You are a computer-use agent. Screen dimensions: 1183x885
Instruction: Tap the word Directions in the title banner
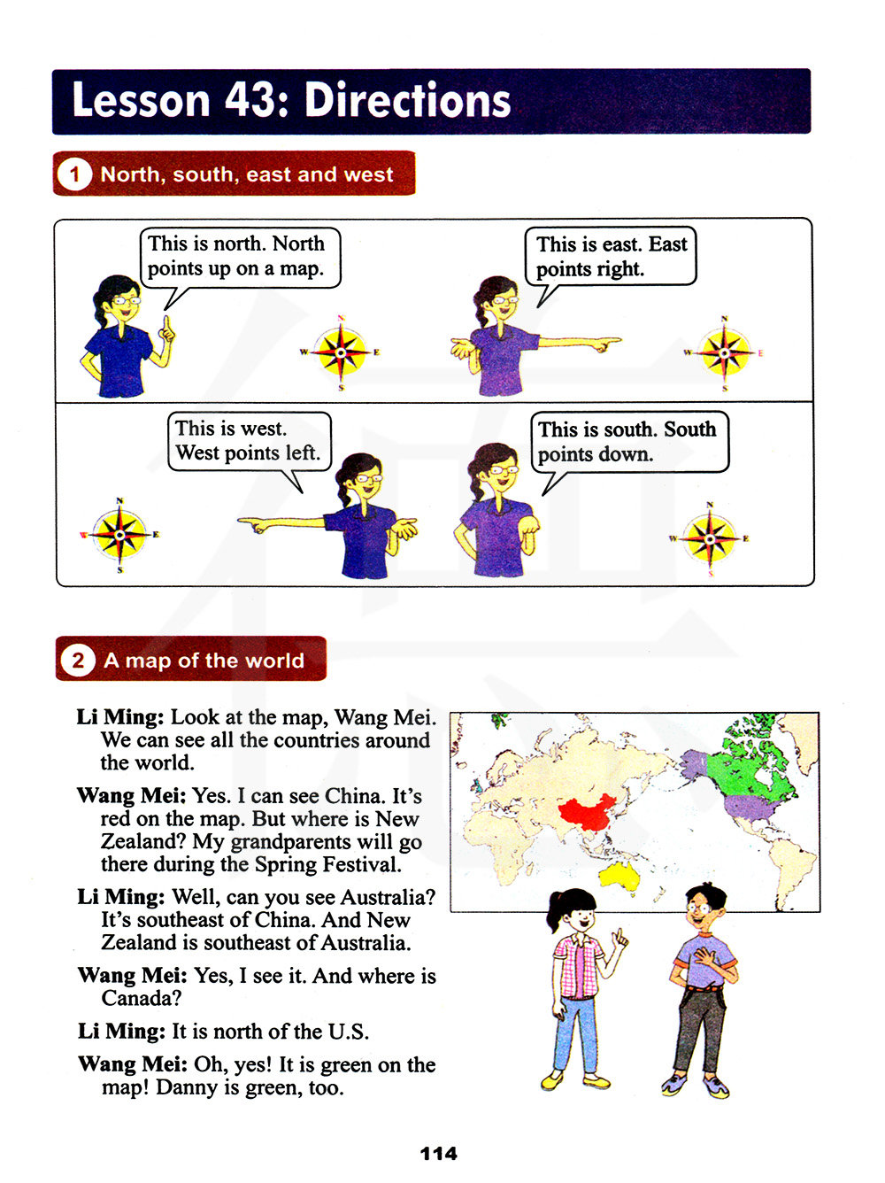tap(408, 100)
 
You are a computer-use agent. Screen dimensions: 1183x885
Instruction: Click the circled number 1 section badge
tap(74, 174)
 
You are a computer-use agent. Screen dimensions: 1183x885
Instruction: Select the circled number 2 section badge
tap(78, 660)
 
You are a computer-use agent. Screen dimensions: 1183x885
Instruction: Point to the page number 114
tap(438, 1153)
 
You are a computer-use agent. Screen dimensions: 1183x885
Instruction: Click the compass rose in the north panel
tap(341, 352)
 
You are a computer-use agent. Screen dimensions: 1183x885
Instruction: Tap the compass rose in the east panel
tap(724, 352)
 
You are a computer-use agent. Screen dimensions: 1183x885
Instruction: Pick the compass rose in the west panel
tap(120, 534)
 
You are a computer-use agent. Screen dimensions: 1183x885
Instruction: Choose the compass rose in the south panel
tap(710, 537)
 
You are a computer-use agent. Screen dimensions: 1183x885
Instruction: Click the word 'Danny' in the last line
tap(186, 1087)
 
